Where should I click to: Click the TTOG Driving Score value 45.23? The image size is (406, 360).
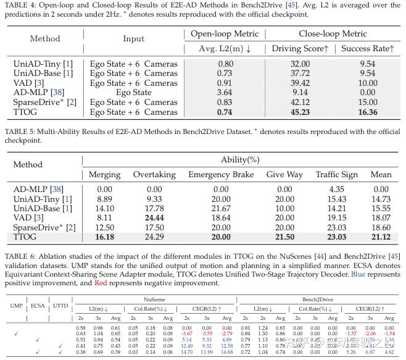[291, 112]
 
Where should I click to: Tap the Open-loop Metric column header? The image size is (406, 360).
[225, 33]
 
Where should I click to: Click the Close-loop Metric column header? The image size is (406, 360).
[333, 33]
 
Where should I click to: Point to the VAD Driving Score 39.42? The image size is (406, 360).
[291, 83]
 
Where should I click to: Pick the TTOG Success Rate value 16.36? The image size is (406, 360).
[367, 112]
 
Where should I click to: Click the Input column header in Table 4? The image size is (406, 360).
[133, 38]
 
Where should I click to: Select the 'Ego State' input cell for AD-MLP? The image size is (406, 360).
[133, 93]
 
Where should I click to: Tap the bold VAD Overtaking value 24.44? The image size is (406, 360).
[155, 217]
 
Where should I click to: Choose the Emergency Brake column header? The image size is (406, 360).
[222, 175]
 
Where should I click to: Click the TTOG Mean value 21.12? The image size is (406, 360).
[381, 237]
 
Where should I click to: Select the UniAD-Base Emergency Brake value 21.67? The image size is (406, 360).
[222, 208]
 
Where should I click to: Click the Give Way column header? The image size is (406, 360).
[284, 175]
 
